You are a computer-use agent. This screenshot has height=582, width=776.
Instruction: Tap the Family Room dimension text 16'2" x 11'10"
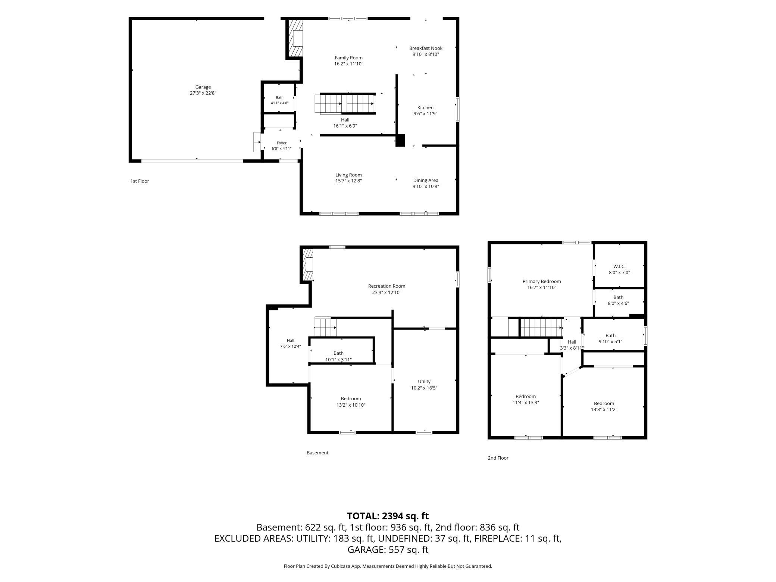click(348, 64)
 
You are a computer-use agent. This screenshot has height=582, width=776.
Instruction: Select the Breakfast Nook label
click(426, 48)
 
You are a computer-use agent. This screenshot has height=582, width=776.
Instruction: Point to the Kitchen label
click(425, 108)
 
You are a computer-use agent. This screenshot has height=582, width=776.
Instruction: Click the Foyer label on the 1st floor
click(282, 143)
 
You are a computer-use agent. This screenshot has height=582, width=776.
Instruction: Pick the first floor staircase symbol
click(345, 103)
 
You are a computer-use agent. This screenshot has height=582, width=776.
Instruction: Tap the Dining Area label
click(426, 181)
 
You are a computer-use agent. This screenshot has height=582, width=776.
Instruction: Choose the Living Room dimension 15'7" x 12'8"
click(348, 181)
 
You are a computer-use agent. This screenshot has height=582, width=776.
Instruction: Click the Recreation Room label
click(387, 286)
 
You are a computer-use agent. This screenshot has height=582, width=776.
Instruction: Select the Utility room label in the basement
click(424, 382)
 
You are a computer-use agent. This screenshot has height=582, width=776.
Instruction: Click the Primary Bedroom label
click(542, 282)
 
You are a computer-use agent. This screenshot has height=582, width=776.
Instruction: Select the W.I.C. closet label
click(619, 266)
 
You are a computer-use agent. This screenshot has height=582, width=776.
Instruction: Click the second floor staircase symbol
click(541, 327)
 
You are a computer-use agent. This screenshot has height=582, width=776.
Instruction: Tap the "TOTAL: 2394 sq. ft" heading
click(388, 516)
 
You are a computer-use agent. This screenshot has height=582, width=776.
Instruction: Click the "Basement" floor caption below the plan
click(317, 453)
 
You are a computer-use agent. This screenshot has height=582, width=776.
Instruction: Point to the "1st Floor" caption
click(140, 181)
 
